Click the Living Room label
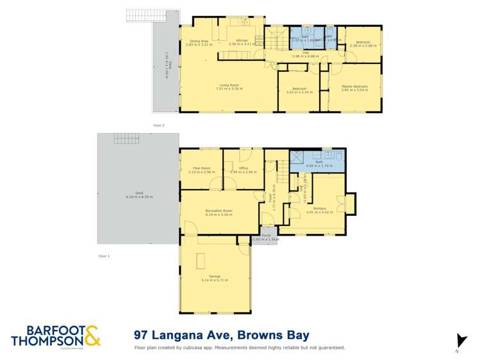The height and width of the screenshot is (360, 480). pyautogui.click(x=229, y=84)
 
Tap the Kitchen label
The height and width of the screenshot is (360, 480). pyautogui.click(x=242, y=40)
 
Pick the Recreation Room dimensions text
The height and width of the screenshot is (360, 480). pyautogui.click(x=219, y=215)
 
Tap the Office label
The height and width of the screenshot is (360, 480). pyautogui.click(x=244, y=168)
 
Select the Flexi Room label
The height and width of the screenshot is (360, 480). pyautogui.click(x=201, y=168)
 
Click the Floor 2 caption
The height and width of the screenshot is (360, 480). pyautogui.click(x=158, y=125)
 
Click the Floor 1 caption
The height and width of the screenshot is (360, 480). pyautogui.click(x=104, y=256)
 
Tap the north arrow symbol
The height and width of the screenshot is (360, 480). pyautogui.click(x=458, y=340)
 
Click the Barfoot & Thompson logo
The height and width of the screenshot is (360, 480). pyautogui.click(x=55, y=336)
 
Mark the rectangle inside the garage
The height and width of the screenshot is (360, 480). pyautogui.click(x=201, y=261)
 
